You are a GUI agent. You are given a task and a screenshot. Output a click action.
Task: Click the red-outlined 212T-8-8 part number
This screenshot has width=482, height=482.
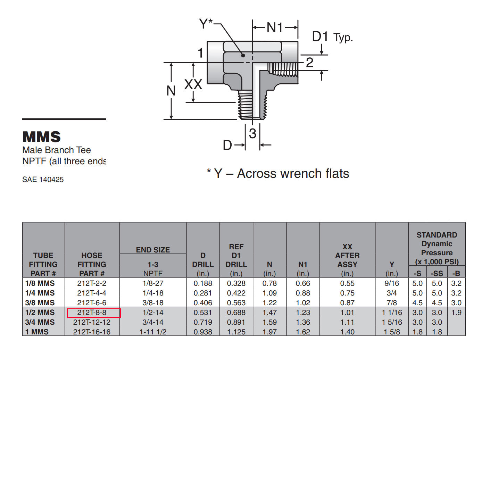[92, 313]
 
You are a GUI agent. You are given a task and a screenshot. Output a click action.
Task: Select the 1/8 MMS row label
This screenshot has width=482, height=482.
[40, 283]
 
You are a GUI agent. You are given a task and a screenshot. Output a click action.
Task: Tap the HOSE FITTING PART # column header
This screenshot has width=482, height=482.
[92, 264]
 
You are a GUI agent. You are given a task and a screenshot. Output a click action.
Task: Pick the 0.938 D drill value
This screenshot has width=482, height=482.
[203, 332]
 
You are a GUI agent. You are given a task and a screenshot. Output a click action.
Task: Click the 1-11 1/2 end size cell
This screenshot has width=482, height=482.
[153, 332]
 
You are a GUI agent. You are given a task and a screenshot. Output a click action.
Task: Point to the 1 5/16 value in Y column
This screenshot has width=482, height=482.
[392, 322]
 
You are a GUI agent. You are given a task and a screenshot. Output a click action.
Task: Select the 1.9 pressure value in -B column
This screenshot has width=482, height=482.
[456, 313]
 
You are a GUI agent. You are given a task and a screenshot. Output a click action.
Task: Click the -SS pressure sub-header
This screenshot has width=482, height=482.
[437, 273]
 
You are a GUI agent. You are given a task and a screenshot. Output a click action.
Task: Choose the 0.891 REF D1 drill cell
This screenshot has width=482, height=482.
[236, 322]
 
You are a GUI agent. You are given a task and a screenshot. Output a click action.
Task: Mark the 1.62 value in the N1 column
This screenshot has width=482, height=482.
[303, 332]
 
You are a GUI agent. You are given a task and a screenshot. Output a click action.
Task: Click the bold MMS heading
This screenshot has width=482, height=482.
[42, 137]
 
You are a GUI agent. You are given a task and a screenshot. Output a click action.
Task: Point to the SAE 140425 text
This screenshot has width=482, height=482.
[43, 180]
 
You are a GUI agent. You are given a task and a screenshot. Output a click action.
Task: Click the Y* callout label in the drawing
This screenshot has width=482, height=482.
[206, 24]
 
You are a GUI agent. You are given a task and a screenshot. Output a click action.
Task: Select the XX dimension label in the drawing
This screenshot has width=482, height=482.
[193, 84]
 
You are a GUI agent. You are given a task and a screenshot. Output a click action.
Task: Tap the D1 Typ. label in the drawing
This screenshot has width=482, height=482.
[332, 37]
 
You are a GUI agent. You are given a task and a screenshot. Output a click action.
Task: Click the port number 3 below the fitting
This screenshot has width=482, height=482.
[252, 133]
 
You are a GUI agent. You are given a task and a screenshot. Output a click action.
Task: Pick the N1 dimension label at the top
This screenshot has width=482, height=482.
[275, 27]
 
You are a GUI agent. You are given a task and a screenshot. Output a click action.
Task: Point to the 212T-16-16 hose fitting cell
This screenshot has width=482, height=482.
[92, 332]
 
